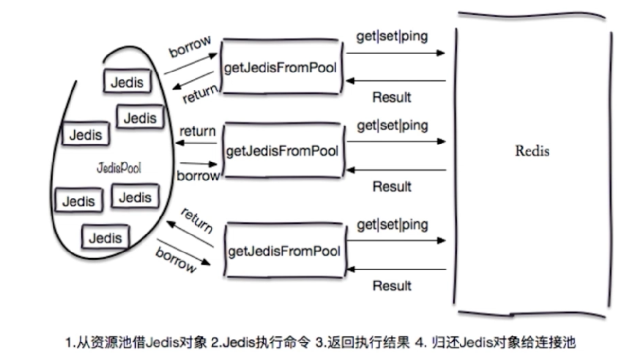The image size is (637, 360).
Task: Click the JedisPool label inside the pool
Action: point(119,168)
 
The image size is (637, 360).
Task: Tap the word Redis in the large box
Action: point(532,151)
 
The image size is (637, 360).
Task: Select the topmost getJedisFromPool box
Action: point(280,68)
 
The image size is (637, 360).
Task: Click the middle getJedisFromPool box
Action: point(282,151)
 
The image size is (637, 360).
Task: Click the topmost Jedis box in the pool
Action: point(127,81)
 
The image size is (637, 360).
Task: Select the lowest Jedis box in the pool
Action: point(105,238)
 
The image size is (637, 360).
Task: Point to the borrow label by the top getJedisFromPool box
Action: point(190,47)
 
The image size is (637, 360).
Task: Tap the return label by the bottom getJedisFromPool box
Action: point(196,220)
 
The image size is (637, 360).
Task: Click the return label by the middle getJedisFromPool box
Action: point(197,131)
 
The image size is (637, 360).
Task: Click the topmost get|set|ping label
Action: point(392,36)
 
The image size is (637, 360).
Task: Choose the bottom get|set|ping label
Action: point(392,225)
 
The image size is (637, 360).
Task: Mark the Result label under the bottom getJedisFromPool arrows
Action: point(392,286)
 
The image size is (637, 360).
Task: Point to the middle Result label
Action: point(392,186)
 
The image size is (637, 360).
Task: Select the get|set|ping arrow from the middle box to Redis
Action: point(396,142)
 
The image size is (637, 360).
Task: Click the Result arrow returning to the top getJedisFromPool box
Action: point(396,81)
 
